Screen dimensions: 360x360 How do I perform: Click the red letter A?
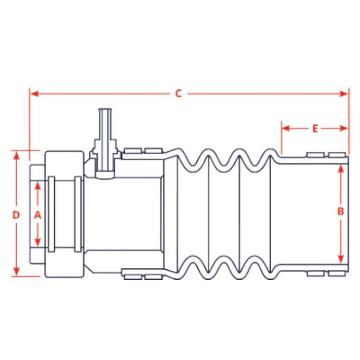click(x=38, y=216)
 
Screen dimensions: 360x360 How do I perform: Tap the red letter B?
click(x=340, y=211)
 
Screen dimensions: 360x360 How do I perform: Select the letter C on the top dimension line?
click(x=178, y=94)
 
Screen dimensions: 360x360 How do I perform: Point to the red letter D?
click(x=16, y=216)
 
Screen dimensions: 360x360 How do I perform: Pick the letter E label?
click(x=315, y=129)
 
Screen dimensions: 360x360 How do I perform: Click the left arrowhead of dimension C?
click(x=33, y=94)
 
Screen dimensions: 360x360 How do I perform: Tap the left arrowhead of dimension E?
click(x=285, y=129)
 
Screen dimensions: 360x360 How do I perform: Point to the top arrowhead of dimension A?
click(x=38, y=184)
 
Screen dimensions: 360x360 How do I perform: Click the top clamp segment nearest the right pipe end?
click(x=336, y=155)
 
